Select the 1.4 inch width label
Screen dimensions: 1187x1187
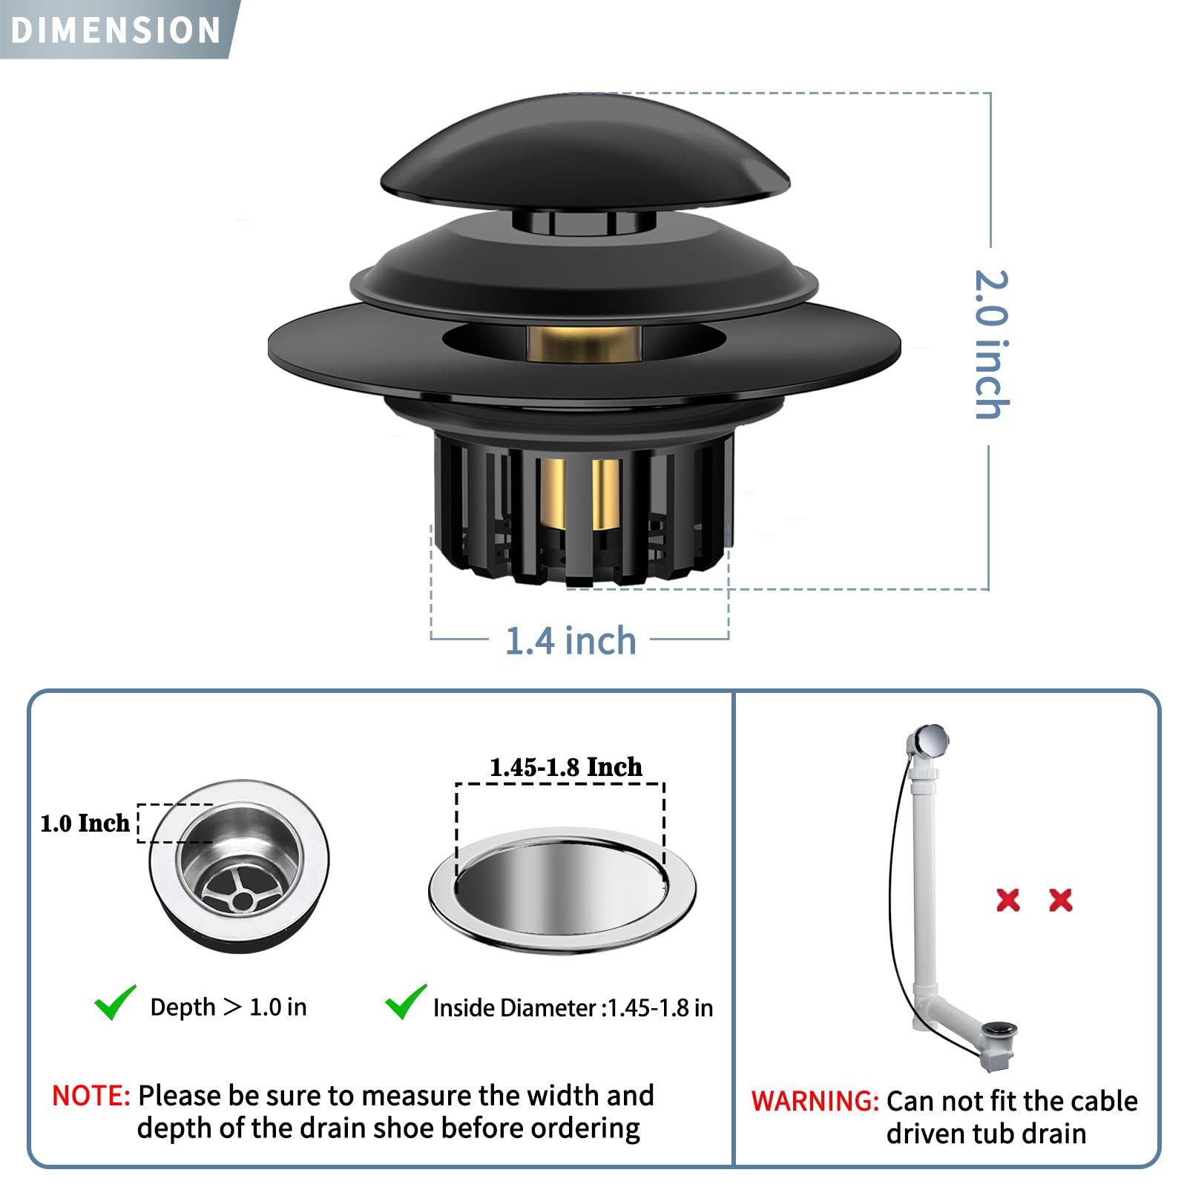pos(571,641)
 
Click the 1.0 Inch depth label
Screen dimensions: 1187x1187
pos(85,823)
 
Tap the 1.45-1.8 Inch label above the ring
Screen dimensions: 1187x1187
pos(566,766)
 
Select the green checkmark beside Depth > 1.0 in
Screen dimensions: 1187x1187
pos(115,1002)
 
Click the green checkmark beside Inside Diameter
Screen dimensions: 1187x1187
pos(406,1002)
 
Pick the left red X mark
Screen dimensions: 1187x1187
pos(1008,900)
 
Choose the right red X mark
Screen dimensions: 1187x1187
pos(1061,900)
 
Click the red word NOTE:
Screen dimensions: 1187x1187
pos(91,1096)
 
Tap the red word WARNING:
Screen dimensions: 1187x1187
pos(815,1101)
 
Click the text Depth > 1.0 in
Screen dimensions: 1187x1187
pos(228,1007)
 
